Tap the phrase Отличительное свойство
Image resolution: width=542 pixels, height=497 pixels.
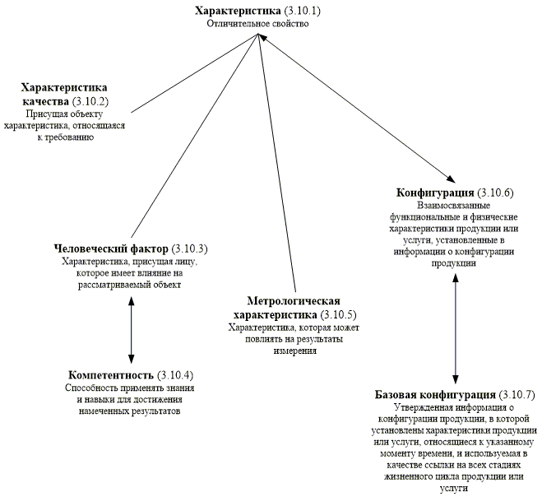pyautogui.click(x=257, y=25)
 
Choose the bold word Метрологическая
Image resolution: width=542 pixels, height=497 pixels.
pyautogui.click(x=293, y=301)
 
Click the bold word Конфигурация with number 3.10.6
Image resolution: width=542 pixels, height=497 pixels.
pyautogui.click(x=432, y=193)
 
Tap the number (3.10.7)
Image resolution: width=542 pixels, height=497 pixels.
pyautogui.click(x=517, y=394)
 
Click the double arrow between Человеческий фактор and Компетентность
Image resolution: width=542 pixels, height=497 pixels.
pyautogui.click(x=131, y=327)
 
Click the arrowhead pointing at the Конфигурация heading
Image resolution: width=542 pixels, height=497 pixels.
pyautogui.click(x=450, y=179)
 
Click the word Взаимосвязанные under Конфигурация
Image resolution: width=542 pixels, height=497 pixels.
pyautogui.click(x=454, y=205)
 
